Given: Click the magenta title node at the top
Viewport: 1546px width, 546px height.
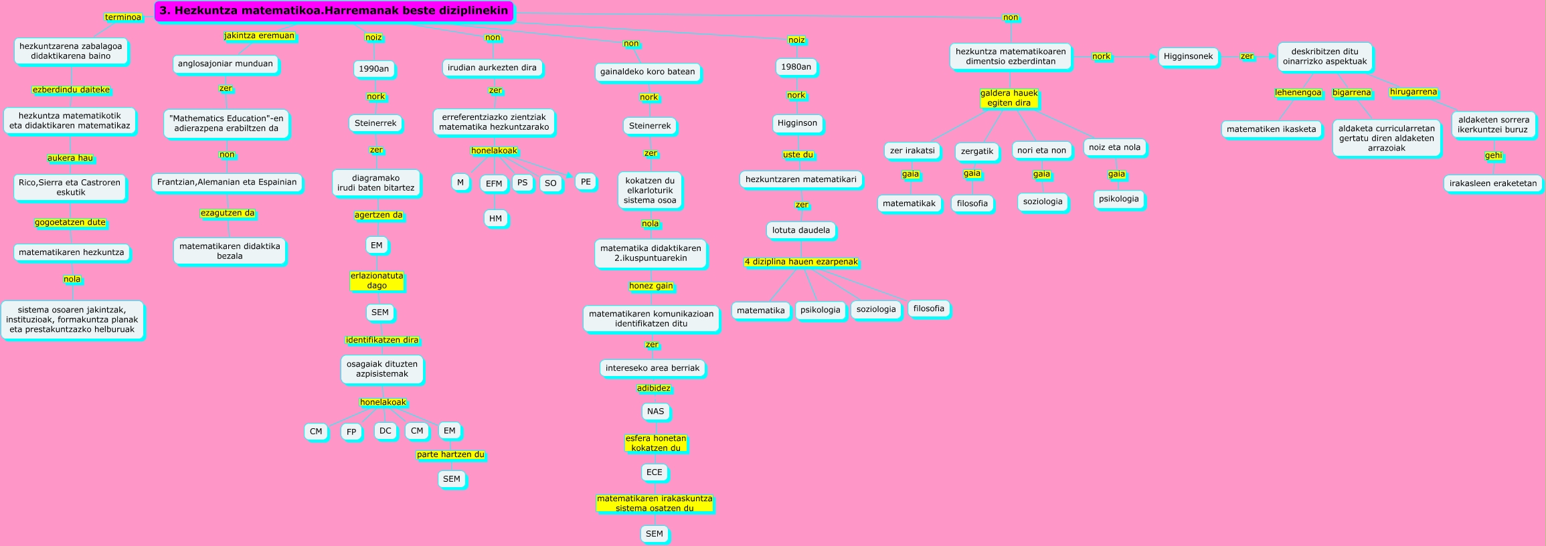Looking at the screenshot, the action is (334, 11).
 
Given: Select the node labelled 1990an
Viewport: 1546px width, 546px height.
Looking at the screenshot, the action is (373, 69).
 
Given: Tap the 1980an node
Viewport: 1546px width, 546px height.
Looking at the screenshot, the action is (796, 67).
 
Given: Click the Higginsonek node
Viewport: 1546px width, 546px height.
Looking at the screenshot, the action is (1188, 57).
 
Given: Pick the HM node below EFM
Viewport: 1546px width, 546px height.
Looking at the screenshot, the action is (495, 219).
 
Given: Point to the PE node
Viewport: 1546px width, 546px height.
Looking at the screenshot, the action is (586, 182).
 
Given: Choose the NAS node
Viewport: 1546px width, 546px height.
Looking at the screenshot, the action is (655, 412).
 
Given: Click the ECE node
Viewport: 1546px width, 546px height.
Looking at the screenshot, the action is (654, 472).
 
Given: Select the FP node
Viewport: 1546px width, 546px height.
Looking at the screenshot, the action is (351, 432).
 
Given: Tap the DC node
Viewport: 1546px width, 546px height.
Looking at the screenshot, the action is (385, 431).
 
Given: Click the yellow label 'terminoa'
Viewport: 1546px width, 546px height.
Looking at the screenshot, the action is (123, 17).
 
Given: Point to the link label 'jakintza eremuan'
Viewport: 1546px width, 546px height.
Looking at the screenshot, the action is (259, 36).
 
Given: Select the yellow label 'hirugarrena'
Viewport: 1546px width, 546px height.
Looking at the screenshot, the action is (1413, 92).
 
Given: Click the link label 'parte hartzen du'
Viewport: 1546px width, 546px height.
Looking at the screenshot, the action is (450, 455).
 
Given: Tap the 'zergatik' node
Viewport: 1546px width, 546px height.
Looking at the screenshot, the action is (976, 152).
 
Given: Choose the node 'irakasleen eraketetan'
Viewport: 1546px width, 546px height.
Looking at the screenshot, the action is (1493, 183).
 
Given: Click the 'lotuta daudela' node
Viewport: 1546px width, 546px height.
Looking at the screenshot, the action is (800, 230).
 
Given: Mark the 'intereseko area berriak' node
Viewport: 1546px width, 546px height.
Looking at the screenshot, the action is (652, 368).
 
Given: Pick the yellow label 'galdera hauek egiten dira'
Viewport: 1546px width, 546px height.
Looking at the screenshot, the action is (1009, 98).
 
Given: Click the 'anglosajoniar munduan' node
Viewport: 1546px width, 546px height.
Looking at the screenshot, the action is (226, 64).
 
